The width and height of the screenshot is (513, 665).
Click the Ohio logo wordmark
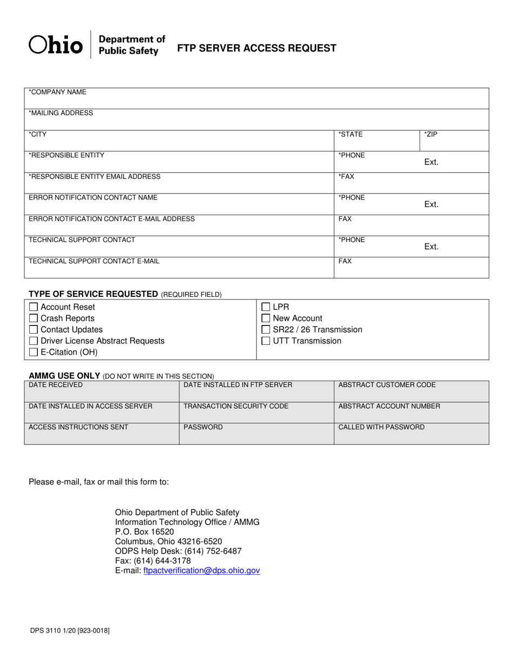(56, 45)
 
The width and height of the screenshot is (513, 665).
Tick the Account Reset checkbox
(33, 307)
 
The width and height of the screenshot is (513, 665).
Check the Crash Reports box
(33, 318)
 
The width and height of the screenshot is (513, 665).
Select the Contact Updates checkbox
(33, 330)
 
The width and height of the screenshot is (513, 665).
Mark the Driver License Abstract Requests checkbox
(33, 341)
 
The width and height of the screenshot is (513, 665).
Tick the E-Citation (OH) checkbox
(33, 353)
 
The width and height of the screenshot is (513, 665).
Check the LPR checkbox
(266, 307)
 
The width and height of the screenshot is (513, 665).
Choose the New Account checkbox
(266, 318)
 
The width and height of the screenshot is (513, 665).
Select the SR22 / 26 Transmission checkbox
(266, 330)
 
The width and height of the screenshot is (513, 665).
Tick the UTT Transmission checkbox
(266, 341)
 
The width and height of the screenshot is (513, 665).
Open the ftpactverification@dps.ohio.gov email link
(202, 570)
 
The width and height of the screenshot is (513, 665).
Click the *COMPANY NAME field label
(57, 92)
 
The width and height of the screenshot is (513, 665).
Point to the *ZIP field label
(430, 134)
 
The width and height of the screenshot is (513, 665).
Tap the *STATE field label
(350, 134)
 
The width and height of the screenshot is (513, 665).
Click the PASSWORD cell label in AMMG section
(203, 427)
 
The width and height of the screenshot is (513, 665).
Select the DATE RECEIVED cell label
(56, 385)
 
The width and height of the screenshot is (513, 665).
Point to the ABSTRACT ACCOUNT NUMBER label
(389, 406)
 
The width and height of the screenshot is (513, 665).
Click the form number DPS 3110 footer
(69, 630)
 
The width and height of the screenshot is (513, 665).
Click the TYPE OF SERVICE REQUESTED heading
(93, 294)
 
